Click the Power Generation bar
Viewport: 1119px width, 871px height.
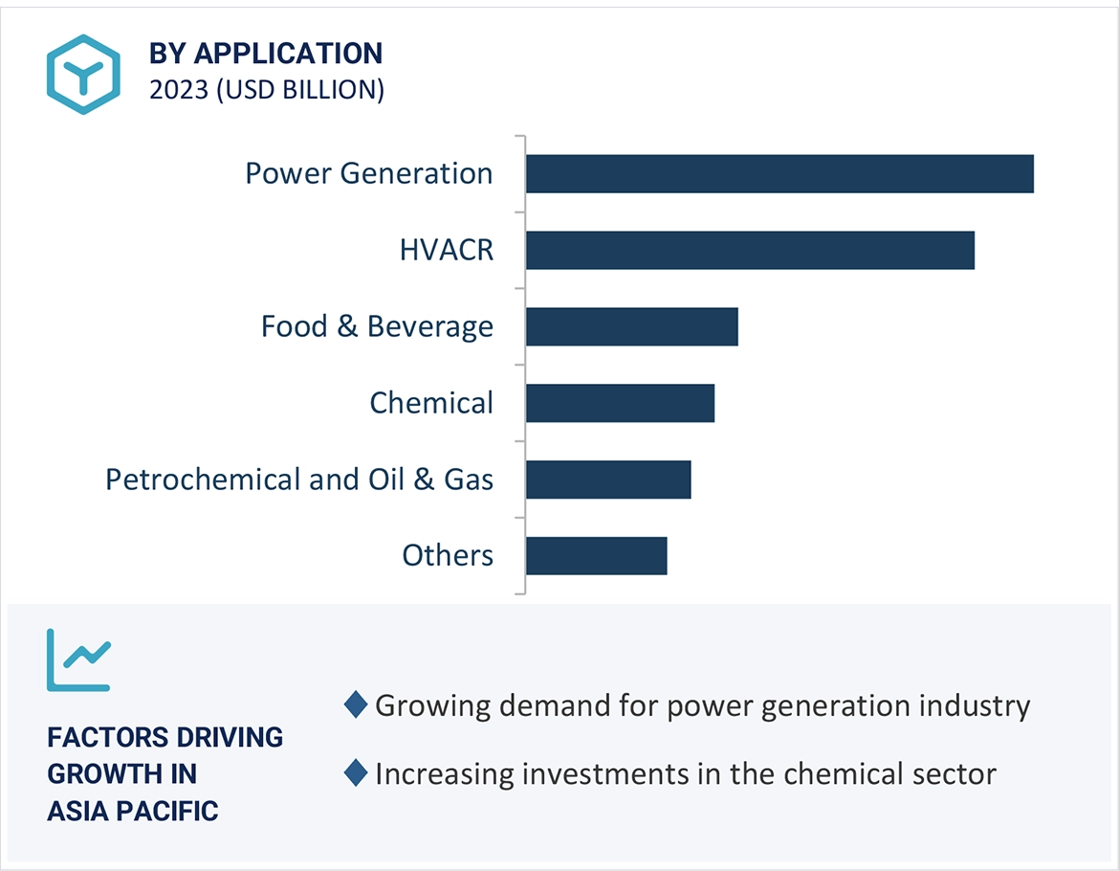tap(779, 173)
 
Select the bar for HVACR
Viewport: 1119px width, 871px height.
tap(750, 250)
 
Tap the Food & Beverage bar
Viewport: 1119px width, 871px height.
tap(631, 326)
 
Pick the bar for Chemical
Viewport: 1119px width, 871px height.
tap(620, 403)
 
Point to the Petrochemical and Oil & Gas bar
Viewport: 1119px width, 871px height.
tap(608, 480)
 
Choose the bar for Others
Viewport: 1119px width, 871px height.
tap(596, 556)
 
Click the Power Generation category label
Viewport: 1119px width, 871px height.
tap(369, 173)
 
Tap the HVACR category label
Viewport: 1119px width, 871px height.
tap(447, 250)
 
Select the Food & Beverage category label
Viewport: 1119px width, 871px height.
tap(377, 326)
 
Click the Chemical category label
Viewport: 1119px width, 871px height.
tap(431, 403)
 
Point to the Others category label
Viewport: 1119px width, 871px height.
tap(448, 555)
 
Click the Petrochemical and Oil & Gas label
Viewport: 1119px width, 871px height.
tap(299, 480)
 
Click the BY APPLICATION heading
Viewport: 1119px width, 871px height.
tap(265, 53)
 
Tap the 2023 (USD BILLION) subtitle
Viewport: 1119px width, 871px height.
tap(267, 90)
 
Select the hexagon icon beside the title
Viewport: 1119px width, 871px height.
tap(84, 74)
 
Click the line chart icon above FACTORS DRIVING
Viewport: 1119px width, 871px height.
tap(79, 659)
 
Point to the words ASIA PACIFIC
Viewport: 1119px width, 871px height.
tap(133, 811)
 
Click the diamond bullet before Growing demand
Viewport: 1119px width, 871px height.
tap(356, 705)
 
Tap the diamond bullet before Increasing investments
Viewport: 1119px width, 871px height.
tap(356, 772)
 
